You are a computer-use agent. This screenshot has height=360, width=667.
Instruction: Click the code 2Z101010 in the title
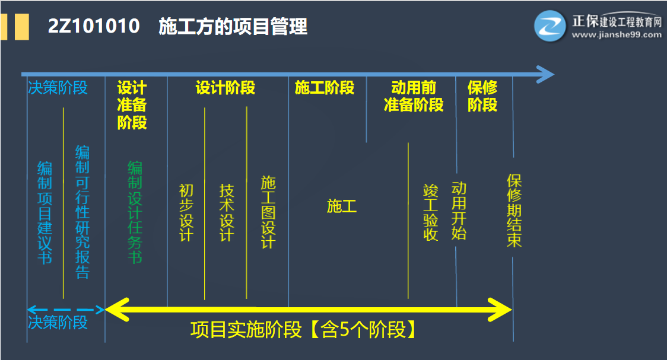(x=94, y=27)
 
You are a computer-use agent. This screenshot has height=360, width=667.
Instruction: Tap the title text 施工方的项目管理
(x=233, y=27)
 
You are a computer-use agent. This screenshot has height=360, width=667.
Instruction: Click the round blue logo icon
(x=551, y=26)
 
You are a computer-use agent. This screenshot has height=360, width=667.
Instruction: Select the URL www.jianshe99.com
(x=617, y=34)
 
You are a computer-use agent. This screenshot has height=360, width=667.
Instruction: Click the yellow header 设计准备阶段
(x=132, y=105)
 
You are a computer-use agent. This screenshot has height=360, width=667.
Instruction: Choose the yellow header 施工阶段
(x=325, y=88)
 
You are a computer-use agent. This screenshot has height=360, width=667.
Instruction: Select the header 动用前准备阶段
(x=414, y=97)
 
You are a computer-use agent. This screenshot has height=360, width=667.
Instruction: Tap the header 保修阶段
(x=482, y=97)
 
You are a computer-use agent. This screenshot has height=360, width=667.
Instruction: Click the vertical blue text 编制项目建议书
(x=45, y=212)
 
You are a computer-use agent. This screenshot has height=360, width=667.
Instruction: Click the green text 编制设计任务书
(x=135, y=212)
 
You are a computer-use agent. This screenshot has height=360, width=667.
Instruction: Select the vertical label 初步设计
(x=186, y=212)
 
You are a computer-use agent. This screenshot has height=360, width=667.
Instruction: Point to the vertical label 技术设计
(x=227, y=212)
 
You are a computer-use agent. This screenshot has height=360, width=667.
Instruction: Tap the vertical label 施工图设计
(x=268, y=212)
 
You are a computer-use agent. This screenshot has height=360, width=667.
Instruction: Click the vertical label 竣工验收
(x=430, y=212)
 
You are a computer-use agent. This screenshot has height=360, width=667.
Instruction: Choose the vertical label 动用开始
(x=459, y=211)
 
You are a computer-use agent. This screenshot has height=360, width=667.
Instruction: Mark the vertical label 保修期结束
(x=514, y=211)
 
